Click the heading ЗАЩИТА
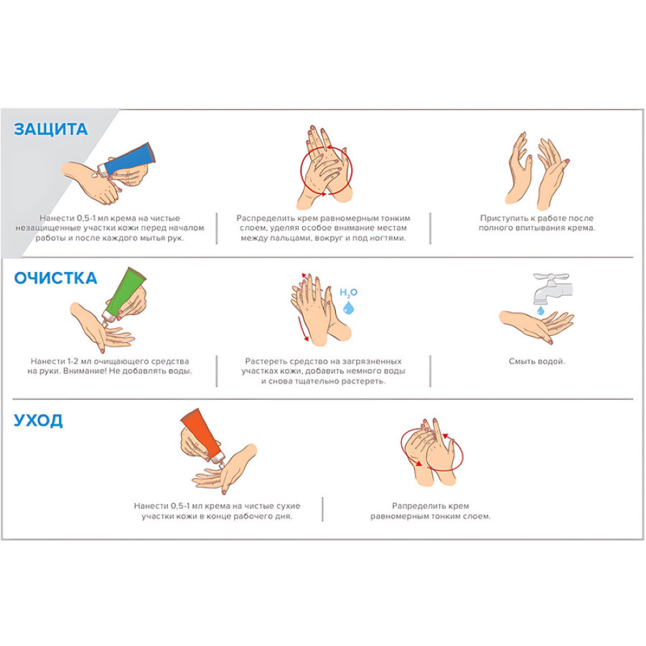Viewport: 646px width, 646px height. point(51,129)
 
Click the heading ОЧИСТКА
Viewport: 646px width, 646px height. point(55,278)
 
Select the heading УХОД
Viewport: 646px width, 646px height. point(38,421)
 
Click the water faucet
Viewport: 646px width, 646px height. point(551,288)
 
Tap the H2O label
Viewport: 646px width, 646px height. point(348,293)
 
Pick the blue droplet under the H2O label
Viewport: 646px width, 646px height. point(349,307)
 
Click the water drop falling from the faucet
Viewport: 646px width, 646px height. point(540,310)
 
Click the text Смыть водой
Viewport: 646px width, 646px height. point(537,361)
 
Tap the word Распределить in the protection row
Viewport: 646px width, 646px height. point(266,218)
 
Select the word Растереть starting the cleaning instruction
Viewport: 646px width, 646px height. point(264,361)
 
